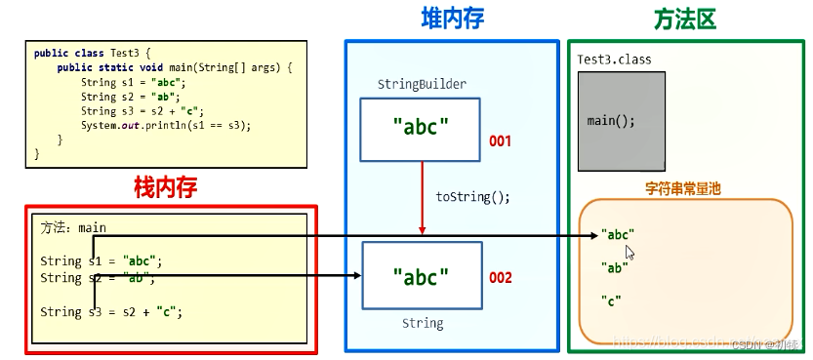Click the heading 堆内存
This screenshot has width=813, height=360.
pos(452,19)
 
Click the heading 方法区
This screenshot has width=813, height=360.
pos(684,19)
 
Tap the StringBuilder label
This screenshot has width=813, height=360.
pos(422,84)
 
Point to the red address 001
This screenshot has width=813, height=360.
pos(500,141)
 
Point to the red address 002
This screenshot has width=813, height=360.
pos(500,278)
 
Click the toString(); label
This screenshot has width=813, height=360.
pos(472,196)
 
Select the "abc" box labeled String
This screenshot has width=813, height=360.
pos(421,275)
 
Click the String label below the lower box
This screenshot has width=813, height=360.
pos(423,323)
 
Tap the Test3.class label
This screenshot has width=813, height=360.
pos(614,60)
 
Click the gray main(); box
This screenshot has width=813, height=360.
pos(621,122)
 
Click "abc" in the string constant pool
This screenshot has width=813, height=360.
pos(618,234)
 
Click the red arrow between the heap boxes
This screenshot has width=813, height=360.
pos(422,200)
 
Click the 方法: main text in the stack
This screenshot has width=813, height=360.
pos(73,227)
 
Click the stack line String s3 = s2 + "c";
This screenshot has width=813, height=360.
pos(111,312)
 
